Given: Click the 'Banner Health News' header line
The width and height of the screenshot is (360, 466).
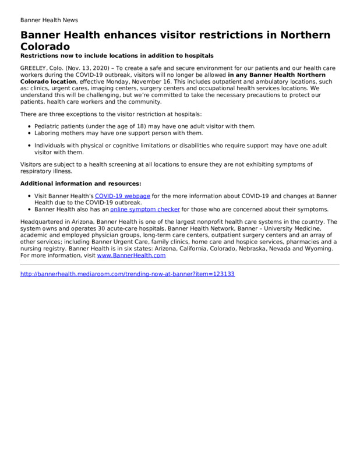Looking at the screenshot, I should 50,20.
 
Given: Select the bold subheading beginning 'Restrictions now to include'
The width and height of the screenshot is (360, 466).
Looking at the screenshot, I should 117,55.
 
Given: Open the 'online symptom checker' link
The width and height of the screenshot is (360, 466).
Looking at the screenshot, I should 144,209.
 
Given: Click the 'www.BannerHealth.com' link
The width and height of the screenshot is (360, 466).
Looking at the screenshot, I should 131,255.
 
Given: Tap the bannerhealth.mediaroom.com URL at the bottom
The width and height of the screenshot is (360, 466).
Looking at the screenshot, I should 127,274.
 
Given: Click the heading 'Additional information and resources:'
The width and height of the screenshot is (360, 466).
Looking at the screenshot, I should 80,183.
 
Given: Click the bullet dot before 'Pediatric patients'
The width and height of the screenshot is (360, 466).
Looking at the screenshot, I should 29,126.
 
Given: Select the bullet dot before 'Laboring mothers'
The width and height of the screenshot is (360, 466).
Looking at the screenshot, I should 29,133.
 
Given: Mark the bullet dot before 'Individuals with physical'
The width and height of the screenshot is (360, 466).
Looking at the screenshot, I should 29,145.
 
